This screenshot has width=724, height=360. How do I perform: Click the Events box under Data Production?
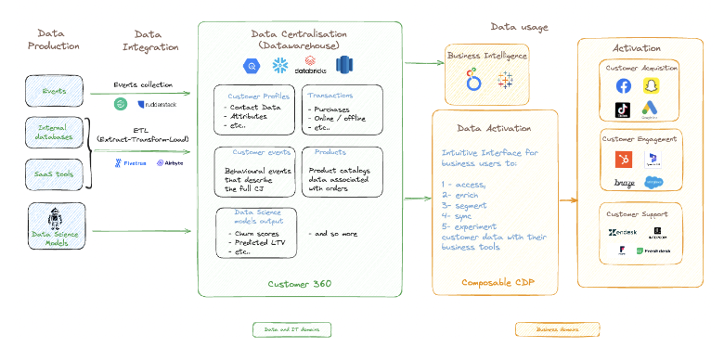[x=54, y=92]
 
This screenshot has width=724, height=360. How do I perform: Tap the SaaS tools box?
[x=54, y=174]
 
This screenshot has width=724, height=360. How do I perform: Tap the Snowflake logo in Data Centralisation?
[x=277, y=66]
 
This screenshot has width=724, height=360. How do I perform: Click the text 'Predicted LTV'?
[x=252, y=242]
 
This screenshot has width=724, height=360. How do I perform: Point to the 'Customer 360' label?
[x=299, y=283]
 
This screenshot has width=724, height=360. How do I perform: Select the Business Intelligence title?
[x=488, y=56]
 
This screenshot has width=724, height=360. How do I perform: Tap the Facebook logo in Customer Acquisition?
[x=623, y=85]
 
